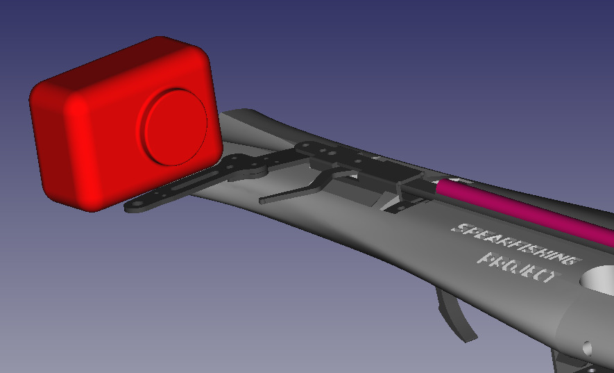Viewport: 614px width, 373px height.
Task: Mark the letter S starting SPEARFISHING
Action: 459,227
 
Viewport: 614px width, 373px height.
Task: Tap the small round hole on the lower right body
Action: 588,346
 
